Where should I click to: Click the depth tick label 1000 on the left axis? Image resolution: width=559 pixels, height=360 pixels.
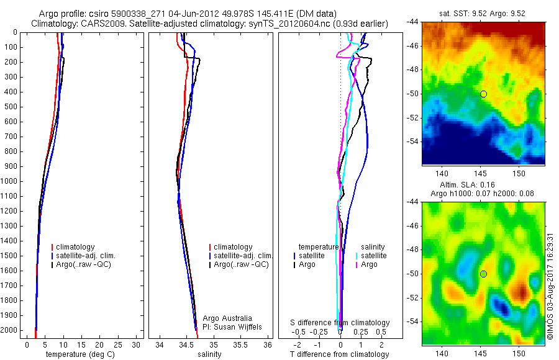[9, 181]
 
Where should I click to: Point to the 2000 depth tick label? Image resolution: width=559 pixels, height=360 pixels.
[9, 330]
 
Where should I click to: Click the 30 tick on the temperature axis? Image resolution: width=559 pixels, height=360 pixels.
[136, 344]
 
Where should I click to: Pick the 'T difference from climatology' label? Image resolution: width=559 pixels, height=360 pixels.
[339, 354]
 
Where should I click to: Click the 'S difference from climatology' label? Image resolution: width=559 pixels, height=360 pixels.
[340, 323]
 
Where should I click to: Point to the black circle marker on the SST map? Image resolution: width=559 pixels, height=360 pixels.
[483, 94]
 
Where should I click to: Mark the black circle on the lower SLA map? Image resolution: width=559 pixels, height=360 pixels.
[483, 274]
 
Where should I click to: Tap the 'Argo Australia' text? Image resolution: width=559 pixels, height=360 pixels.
[227, 318]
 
